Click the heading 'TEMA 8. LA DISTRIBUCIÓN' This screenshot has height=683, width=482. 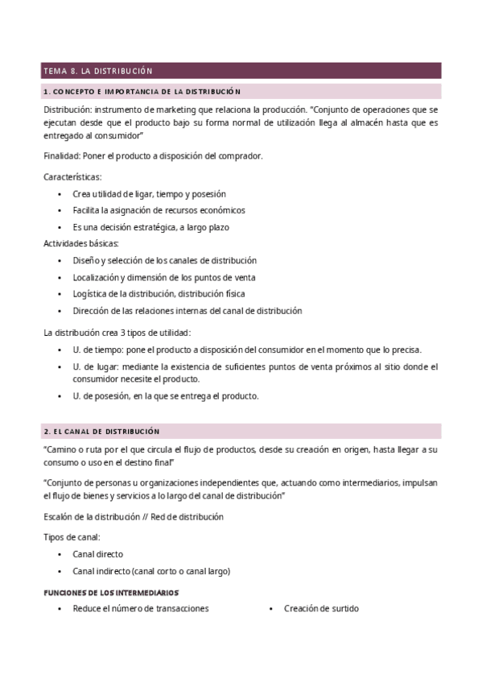click(x=98, y=72)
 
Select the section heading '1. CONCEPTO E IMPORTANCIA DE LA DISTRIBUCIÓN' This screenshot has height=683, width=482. click(x=142, y=92)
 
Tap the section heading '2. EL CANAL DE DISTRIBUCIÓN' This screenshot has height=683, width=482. click(x=101, y=432)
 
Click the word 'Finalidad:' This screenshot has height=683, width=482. click(x=61, y=155)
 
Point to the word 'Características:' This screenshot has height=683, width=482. click(x=72, y=176)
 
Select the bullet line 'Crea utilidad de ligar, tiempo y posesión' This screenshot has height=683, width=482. click(x=149, y=194)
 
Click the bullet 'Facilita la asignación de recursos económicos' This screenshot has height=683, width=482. click(x=159, y=210)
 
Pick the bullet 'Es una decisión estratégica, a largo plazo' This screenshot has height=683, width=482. click(x=150, y=227)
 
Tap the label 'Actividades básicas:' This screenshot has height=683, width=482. click(x=80, y=243)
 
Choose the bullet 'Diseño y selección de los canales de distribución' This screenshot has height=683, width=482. click(x=164, y=260)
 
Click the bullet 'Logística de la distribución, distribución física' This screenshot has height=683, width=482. click(x=159, y=293)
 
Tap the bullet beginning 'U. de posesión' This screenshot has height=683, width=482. click(x=165, y=395)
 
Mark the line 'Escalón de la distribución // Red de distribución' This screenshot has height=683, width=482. click(x=133, y=516)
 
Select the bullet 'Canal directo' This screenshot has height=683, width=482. click(x=97, y=554)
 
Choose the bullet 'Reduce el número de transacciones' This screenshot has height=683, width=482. click(x=140, y=609)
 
